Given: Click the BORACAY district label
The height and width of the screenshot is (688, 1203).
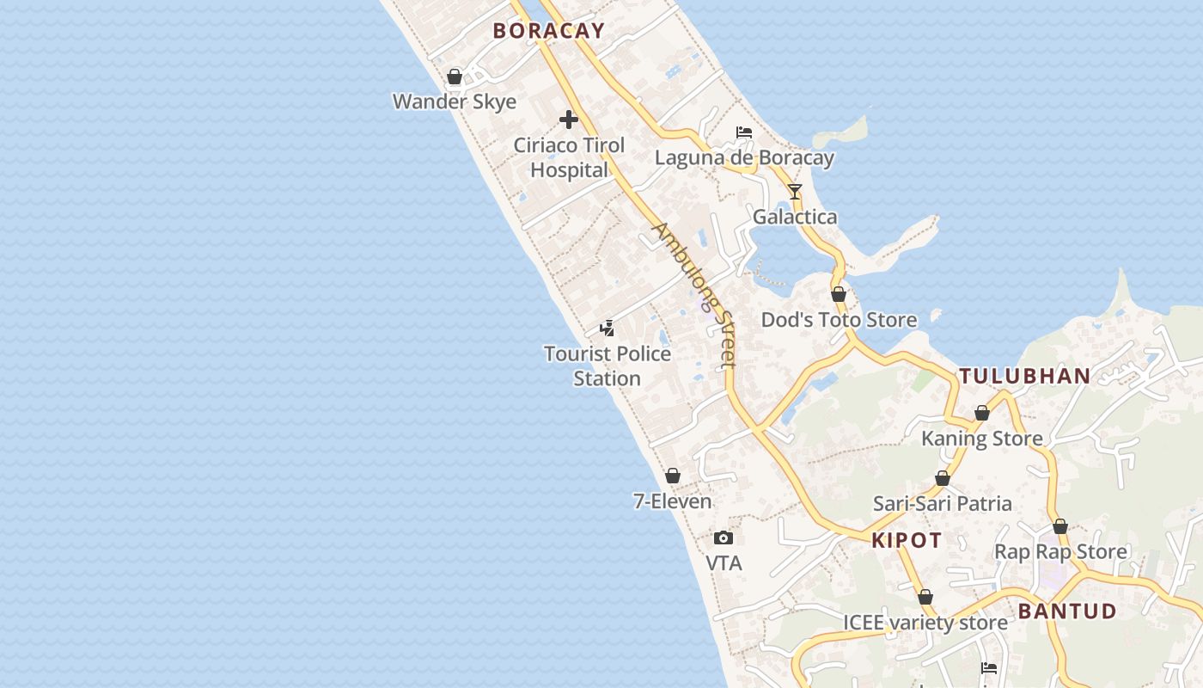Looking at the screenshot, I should point(548,30).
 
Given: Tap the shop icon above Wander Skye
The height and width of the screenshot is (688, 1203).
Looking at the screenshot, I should point(455,77).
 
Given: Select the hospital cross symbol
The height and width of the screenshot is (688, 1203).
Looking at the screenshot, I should point(569,120).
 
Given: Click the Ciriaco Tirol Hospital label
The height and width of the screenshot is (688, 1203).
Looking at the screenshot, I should point(569,157).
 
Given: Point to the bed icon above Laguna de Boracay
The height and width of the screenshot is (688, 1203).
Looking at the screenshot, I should point(744,132).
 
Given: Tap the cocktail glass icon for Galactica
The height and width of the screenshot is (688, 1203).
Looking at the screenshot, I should point(795,191).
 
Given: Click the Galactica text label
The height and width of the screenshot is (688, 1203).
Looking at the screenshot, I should point(795,217).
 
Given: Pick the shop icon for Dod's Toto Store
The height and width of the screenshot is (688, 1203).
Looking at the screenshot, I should point(839,294).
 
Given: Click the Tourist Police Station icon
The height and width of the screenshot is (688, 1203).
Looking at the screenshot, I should point(608,328).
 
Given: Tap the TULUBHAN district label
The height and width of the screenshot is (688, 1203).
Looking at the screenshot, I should point(1025,376).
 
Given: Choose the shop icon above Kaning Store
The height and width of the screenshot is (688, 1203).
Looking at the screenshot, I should point(982,413).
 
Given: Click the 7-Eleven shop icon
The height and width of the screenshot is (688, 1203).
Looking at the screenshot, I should point(673,476).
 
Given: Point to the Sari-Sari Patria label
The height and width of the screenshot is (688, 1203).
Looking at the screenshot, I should point(943,503).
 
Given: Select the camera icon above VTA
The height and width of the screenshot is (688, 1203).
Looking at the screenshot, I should point(724,538).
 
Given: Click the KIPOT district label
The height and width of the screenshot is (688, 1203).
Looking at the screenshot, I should point(907,540).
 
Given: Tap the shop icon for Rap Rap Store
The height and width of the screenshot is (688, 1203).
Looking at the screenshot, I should point(1060,526).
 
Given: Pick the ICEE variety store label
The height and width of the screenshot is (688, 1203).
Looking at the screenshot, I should point(925,623).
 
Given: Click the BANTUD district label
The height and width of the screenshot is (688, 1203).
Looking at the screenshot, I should point(1067,611).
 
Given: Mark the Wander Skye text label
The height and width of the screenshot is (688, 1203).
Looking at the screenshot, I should point(455,101).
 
